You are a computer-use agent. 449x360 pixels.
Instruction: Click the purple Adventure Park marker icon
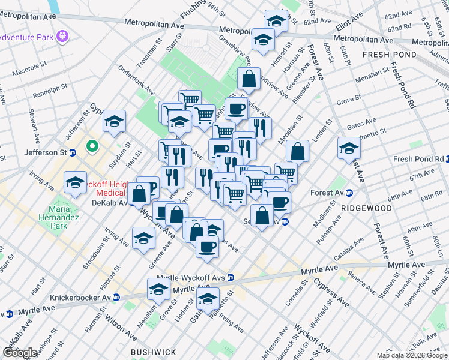click(62, 37)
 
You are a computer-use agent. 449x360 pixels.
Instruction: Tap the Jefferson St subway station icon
click(72, 152)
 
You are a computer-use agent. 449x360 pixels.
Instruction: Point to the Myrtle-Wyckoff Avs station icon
click(231, 278)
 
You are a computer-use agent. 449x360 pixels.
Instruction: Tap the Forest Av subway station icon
click(349, 193)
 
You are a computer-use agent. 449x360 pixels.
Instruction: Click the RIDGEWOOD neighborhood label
click(366, 208)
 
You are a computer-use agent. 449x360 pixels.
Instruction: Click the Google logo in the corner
click(20, 352)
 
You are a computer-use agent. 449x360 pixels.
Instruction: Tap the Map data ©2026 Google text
click(412, 355)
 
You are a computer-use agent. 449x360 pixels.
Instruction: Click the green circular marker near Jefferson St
click(92, 145)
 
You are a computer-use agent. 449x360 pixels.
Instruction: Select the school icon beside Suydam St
click(113, 121)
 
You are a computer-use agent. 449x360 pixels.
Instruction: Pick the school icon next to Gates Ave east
click(349, 148)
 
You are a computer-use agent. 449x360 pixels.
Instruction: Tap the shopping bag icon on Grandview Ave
click(249, 77)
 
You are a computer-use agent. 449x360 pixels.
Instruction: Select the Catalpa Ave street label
click(349, 248)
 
